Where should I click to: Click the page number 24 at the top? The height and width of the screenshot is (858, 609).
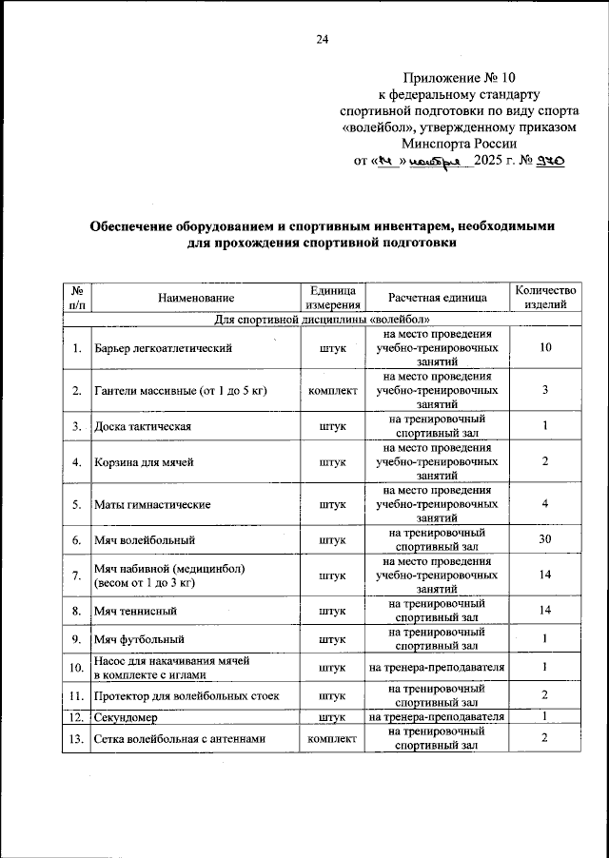click(x=322, y=39)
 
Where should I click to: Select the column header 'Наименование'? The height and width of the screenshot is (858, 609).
click(x=197, y=298)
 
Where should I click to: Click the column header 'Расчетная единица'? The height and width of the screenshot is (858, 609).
click(x=437, y=298)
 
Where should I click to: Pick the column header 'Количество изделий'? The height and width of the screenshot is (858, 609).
click(x=545, y=298)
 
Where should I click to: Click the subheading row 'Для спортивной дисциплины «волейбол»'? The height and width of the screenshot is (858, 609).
click(x=323, y=320)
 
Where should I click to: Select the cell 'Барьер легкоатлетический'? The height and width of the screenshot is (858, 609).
click(x=164, y=349)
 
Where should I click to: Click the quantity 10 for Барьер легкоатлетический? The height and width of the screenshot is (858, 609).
click(x=545, y=349)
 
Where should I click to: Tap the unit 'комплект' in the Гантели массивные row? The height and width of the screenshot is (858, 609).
click(x=332, y=391)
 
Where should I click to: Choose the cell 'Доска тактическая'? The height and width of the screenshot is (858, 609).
click(x=143, y=426)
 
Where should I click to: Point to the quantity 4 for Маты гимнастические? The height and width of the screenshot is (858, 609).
click(x=545, y=504)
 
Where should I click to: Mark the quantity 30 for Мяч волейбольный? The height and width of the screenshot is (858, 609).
click(x=545, y=540)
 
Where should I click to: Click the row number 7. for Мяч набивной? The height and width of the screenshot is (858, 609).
click(x=75, y=575)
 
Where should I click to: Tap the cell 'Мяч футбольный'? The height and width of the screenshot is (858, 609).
click(x=138, y=640)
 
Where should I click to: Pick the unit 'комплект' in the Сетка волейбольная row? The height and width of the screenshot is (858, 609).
click(x=332, y=738)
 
